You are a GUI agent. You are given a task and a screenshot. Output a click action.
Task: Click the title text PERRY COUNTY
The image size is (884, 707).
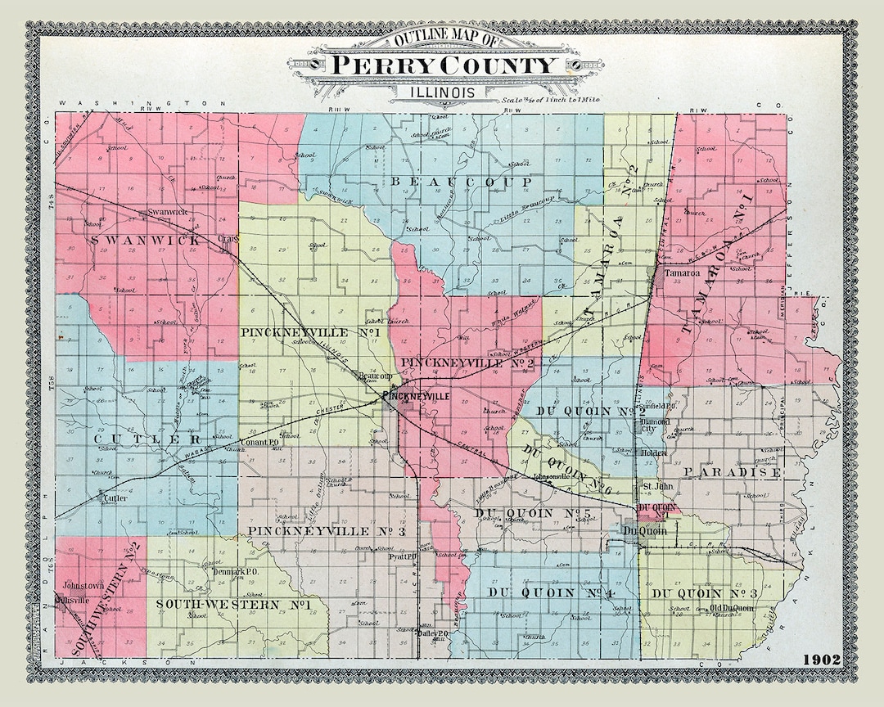point(441,65)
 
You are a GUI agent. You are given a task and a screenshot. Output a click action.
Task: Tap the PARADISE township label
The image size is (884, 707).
point(733,472)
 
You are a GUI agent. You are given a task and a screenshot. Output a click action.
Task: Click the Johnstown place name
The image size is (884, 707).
point(82,585)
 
